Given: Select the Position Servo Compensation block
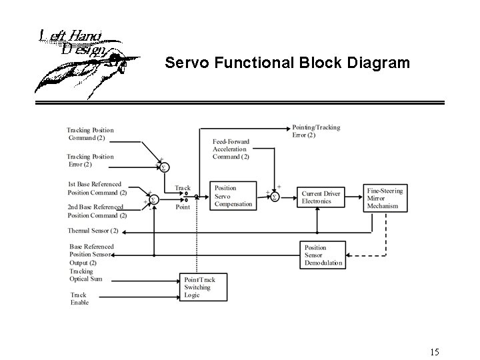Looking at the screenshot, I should (x=233, y=196).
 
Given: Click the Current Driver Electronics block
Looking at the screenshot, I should (x=321, y=197).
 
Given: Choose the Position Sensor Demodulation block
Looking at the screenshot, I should (x=323, y=255).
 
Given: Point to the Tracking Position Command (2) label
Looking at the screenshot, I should (x=91, y=134).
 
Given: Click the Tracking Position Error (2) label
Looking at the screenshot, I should (x=90, y=160).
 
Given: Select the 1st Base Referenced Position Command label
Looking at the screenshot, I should (x=97, y=188).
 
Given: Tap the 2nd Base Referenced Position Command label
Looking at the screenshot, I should (x=97, y=211).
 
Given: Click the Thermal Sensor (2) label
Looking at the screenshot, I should (x=93, y=231).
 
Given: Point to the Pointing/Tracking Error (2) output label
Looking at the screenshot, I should (x=316, y=131).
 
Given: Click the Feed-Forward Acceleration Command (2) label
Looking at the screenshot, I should (x=231, y=149).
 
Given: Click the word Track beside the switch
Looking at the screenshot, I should (x=183, y=188).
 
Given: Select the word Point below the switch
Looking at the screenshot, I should (x=183, y=207).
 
